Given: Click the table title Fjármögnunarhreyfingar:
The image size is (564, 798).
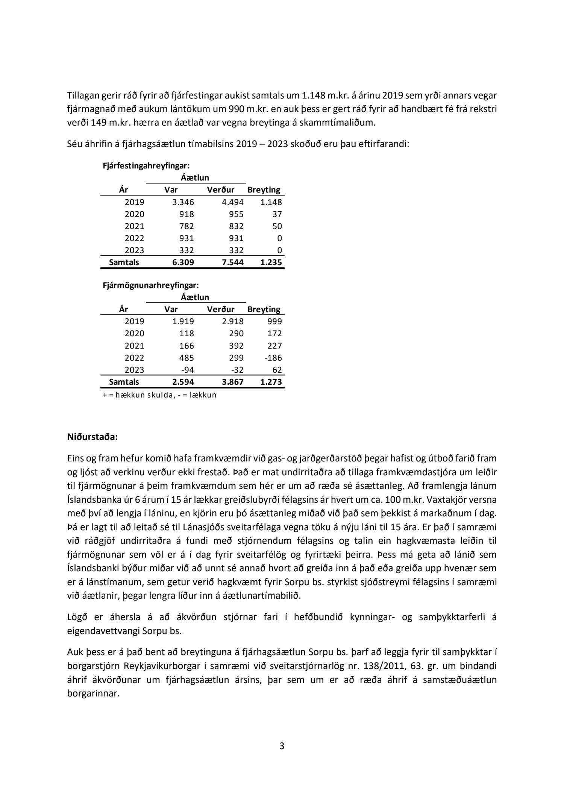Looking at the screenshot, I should [151, 285].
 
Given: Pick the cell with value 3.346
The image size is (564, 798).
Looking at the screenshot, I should [183, 202].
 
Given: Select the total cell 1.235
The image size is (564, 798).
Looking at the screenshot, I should [271, 262].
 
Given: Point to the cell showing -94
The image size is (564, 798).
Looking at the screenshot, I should [187, 370].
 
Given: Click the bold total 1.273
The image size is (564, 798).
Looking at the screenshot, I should [271, 382].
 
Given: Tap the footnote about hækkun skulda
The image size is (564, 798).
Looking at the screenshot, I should [159, 395].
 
